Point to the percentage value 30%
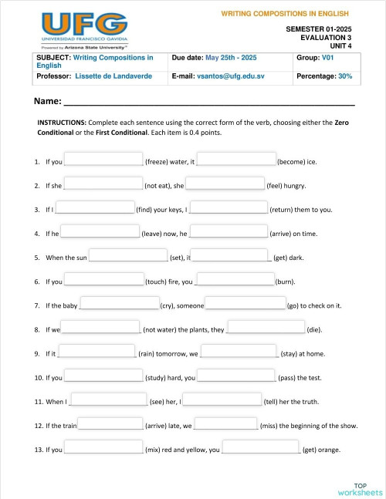[x=345, y=77]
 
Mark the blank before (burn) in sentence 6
[x=235, y=281]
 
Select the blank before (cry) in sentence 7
[x=120, y=305]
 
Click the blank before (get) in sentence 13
[x=261, y=449]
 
